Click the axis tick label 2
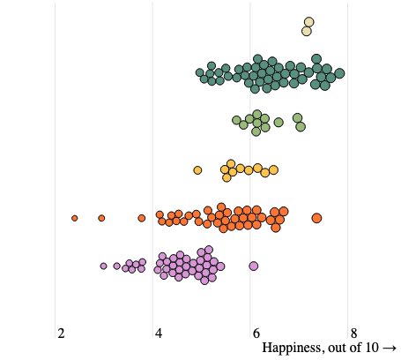pos(61,334)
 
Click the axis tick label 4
pos(159,334)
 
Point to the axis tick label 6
pos(256,334)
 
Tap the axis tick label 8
pos(353,334)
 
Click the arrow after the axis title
pos(390,349)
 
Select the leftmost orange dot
pos(75,218)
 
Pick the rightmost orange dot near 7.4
pos(316,218)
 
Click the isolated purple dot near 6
pos(254,266)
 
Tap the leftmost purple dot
pos(103,266)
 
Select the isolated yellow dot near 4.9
pos(197,170)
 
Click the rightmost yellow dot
pos(273,170)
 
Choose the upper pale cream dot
pos(308,22)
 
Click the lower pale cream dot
pos(307,31)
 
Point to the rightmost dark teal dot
pos(339,73)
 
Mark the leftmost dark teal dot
pos(200,72)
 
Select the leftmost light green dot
pos(236,120)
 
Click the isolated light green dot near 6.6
pos(278,122)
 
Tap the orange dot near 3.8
pos(142,218)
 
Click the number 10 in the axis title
pos(372,348)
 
